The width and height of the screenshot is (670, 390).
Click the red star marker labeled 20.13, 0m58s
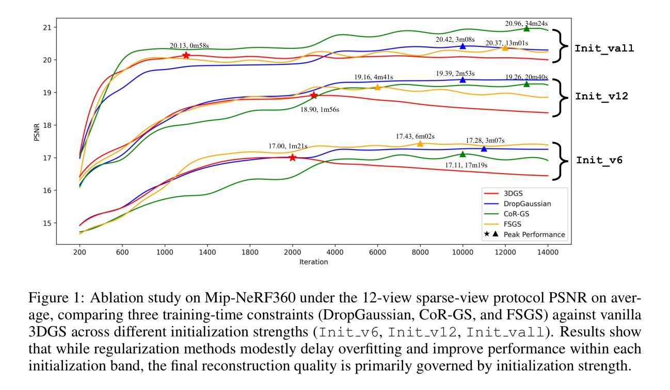pos(186,55)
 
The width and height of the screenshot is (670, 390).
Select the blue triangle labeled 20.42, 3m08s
pos(462,46)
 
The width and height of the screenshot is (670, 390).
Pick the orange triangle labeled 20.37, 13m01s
pos(505,47)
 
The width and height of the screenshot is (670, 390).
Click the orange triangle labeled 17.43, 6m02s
pos(420,144)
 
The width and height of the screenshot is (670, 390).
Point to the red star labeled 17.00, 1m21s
pos(293,158)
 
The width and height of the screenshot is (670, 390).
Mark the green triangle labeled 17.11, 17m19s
pos(462,154)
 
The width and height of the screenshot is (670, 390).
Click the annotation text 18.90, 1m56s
pos(320,110)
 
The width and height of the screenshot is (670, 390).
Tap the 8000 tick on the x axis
pos(420,252)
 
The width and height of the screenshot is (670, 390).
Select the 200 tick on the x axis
pos(79,252)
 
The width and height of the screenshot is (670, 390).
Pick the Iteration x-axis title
pos(314,262)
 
